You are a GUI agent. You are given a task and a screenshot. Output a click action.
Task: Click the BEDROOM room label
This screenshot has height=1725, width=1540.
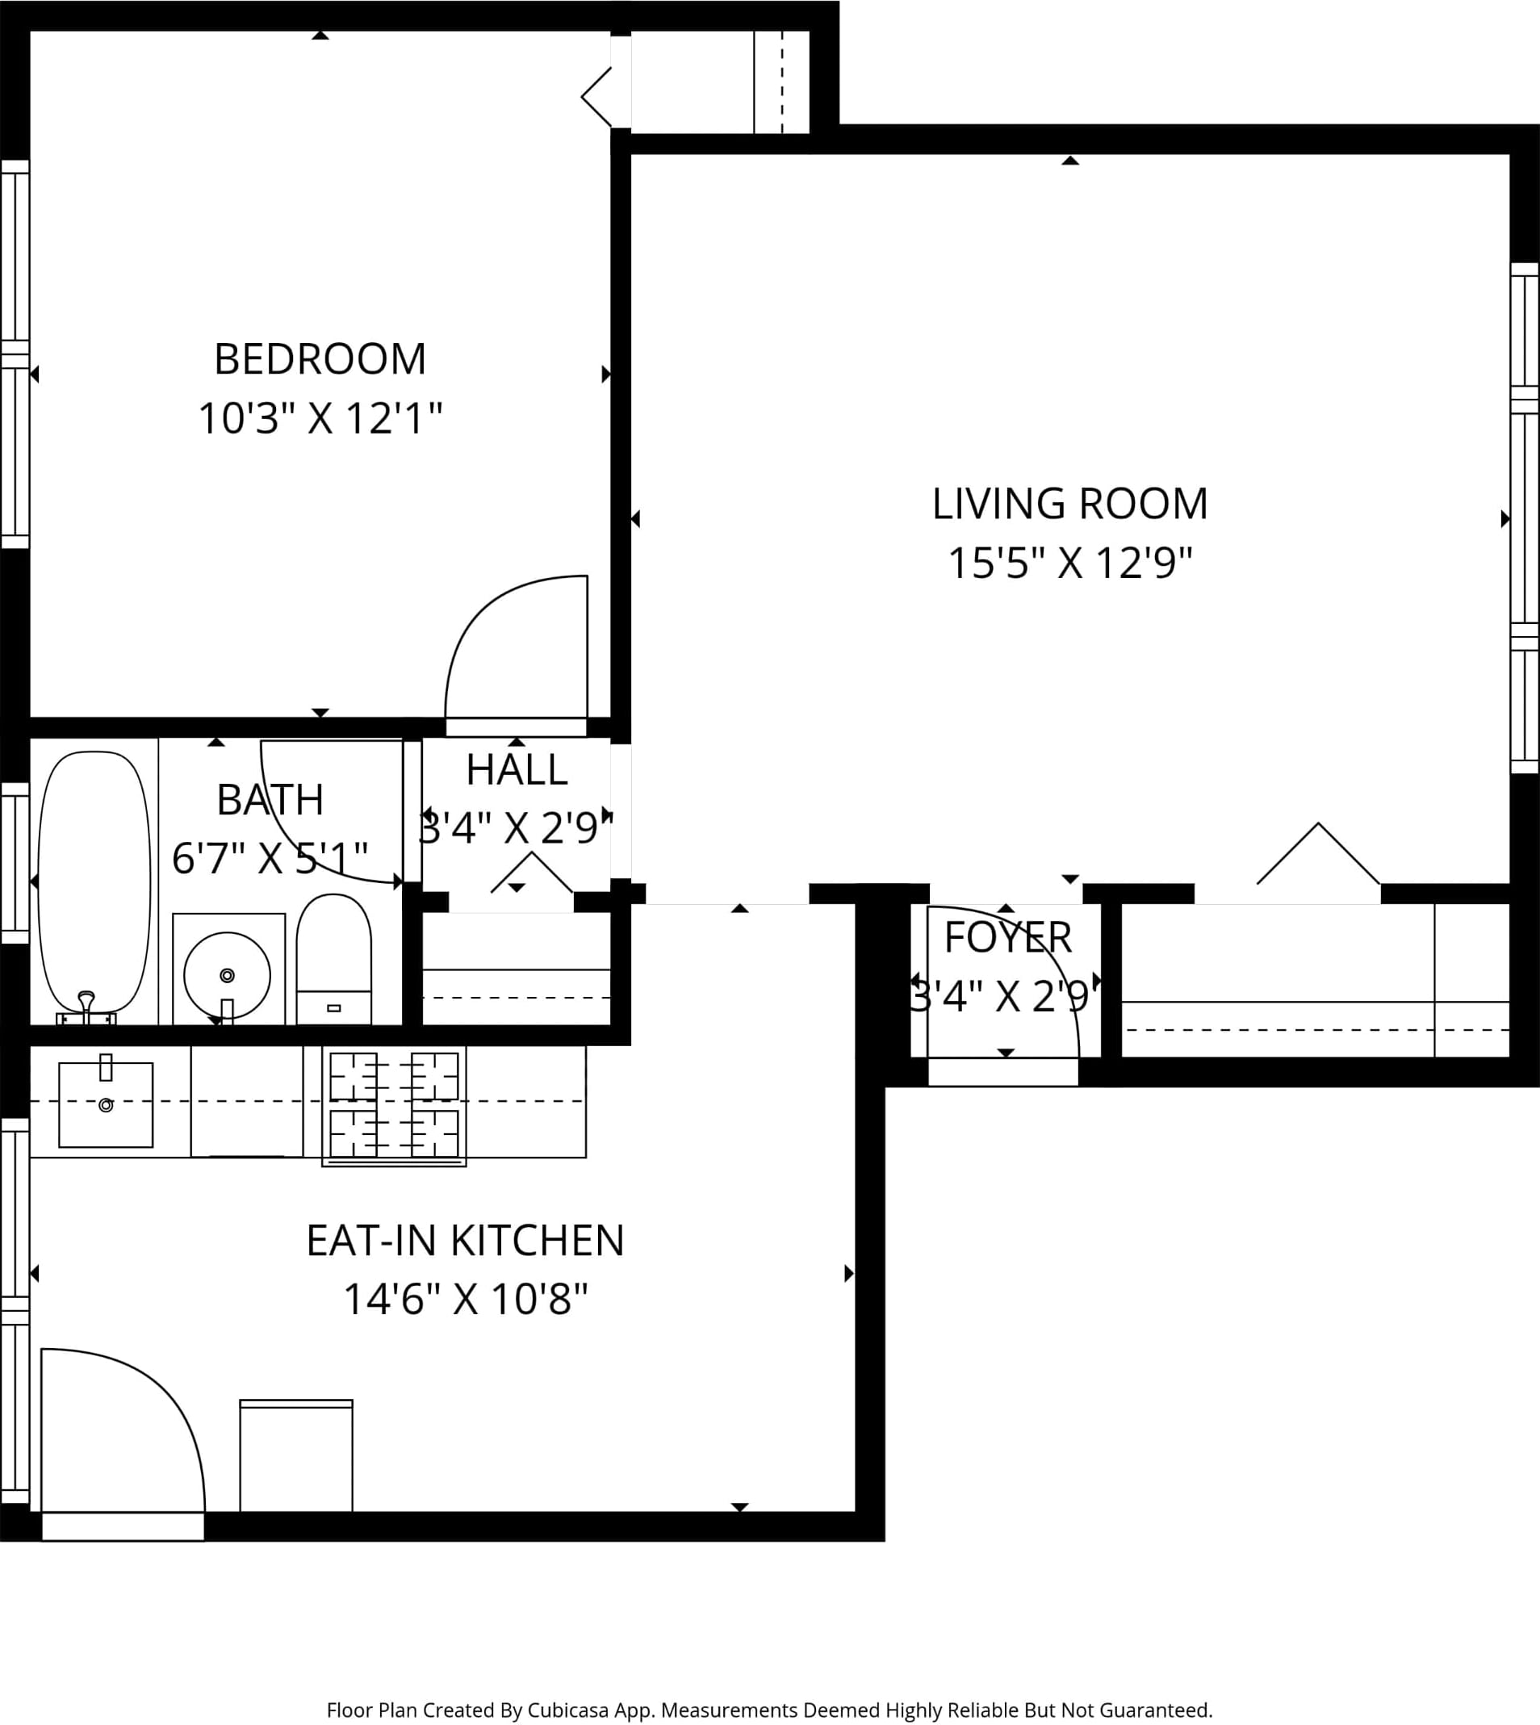pyautogui.click(x=320, y=359)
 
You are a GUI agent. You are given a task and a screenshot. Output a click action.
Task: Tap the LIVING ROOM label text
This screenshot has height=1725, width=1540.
pyautogui.click(x=1069, y=504)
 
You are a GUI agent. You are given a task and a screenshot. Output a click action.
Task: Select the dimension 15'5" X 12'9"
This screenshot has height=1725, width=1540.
pyautogui.click(x=1069, y=563)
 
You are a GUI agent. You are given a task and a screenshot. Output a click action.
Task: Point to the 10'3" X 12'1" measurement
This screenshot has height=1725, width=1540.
pyautogui.click(x=320, y=418)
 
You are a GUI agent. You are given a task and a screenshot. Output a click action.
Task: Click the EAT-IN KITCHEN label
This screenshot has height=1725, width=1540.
pyautogui.click(x=466, y=1241)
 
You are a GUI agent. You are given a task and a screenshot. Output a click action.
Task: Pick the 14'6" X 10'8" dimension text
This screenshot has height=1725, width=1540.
pyautogui.click(x=466, y=1300)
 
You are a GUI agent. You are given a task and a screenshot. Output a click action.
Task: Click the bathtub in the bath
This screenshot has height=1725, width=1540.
pyautogui.click(x=94, y=882)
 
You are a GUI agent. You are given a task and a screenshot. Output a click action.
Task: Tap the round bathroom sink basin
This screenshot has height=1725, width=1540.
pyautogui.click(x=227, y=975)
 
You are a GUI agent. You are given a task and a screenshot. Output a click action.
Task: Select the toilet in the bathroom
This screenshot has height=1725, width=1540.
pyautogui.click(x=333, y=959)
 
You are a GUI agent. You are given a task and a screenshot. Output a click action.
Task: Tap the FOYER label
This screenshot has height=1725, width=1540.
pyautogui.click(x=1008, y=937)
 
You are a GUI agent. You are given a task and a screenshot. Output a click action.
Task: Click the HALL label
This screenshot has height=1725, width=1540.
pyautogui.click(x=516, y=770)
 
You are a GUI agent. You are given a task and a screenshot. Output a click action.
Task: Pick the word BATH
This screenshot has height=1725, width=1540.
pyautogui.click(x=270, y=800)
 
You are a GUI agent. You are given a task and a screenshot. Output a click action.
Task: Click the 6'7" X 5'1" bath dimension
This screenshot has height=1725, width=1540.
pyautogui.click(x=270, y=859)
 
